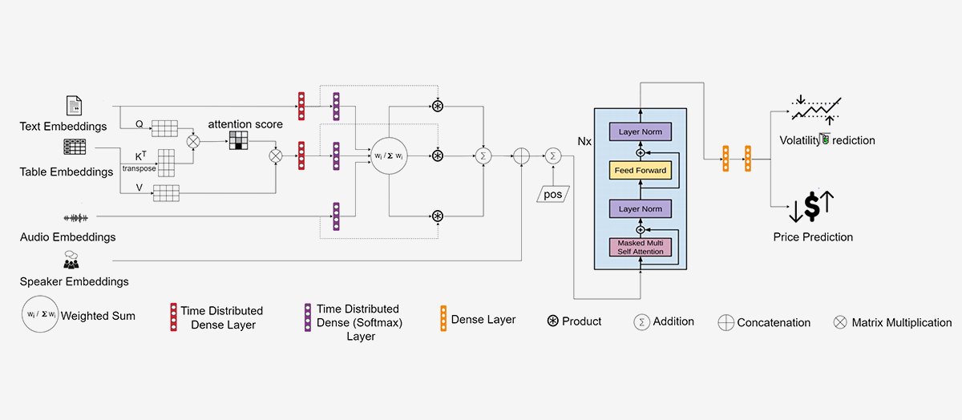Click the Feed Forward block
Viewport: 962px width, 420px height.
coord(640,170)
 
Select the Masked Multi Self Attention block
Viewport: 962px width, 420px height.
coord(640,247)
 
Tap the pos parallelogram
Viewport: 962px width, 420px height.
coord(552,193)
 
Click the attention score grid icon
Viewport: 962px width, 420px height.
coord(239,141)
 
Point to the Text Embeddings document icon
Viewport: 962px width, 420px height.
coord(73,106)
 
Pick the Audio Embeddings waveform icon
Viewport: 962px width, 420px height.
coord(76,218)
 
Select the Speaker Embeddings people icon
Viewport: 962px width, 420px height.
coord(71,260)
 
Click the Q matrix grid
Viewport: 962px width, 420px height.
coord(164,128)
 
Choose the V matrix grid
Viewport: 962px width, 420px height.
coord(165,192)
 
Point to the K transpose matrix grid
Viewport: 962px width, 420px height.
coord(165,162)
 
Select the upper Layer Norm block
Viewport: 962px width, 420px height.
coord(640,131)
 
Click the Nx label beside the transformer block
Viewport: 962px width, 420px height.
coord(584,141)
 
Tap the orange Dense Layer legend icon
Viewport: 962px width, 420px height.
coord(443,318)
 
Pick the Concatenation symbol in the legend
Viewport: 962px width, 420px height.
coord(726,322)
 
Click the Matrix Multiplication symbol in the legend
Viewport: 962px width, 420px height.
coord(840,322)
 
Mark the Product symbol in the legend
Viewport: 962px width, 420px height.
coord(553,321)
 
